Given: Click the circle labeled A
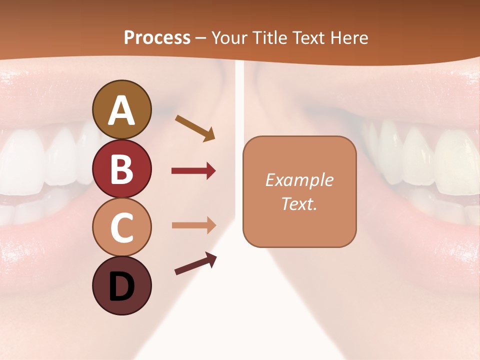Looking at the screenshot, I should pyautogui.click(x=121, y=109).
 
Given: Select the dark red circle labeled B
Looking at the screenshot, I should pyautogui.click(x=121, y=168).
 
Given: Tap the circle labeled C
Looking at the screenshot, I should pyautogui.click(x=121, y=227).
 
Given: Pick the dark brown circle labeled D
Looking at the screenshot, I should pyautogui.click(x=121, y=285).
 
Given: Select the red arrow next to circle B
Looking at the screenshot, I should pyautogui.click(x=193, y=171).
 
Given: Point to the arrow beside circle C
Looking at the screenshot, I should pyautogui.click(x=193, y=225).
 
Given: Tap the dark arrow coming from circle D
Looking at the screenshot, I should pyautogui.click(x=195, y=263).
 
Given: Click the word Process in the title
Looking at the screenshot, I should pyautogui.click(x=157, y=37).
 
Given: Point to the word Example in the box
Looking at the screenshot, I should pyautogui.click(x=299, y=180).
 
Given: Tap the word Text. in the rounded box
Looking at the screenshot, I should pyautogui.click(x=299, y=203).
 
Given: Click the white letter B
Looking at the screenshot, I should pyautogui.click(x=121, y=169).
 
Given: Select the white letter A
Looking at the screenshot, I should pyautogui.click(x=121, y=110).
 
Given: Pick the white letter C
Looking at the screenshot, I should pyautogui.click(x=121, y=227).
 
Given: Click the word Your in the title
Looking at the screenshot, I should pyautogui.click(x=229, y=37).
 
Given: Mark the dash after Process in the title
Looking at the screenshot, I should pyautogui.click(x=201, y=38).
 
